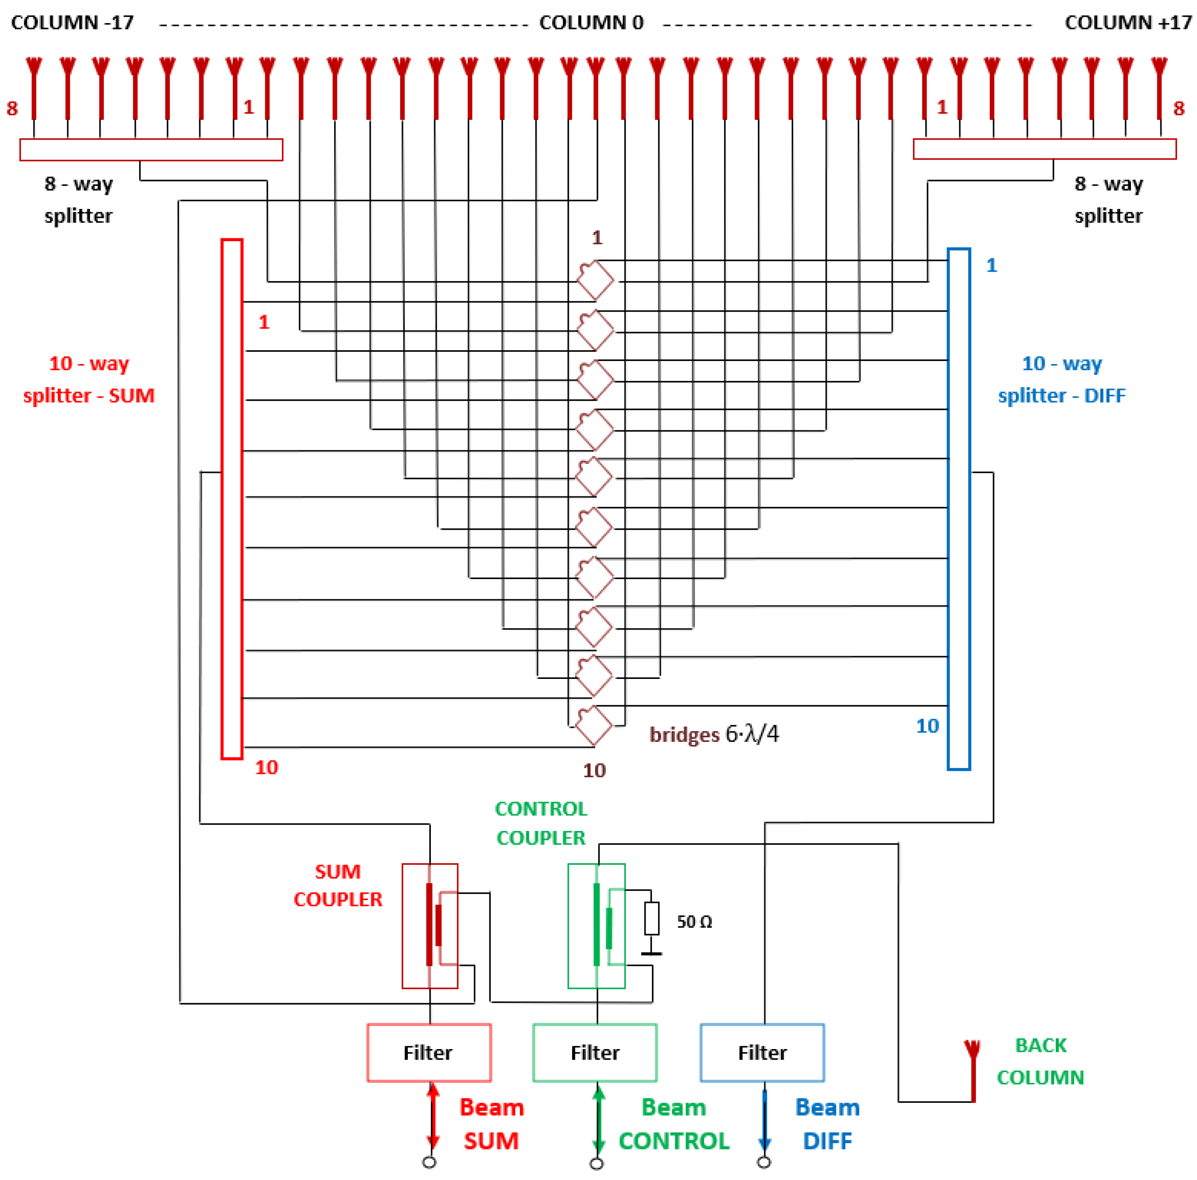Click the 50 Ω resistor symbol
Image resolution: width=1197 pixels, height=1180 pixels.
point(651,919)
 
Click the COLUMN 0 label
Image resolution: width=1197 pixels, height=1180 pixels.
point(591,23)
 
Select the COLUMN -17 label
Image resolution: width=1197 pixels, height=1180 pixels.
point(72,23)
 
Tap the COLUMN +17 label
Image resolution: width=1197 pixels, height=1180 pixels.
point(1128,23)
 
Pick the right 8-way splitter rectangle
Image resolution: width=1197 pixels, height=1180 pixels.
point(1045,149)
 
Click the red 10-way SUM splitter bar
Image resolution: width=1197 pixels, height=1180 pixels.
point(232,499)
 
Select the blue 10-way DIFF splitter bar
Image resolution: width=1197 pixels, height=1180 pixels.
point(958,509)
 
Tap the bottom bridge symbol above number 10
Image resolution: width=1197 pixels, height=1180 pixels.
point(594,725)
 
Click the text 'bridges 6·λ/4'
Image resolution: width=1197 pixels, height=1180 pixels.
point(714,734)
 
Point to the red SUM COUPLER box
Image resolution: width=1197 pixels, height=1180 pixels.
point(430,926)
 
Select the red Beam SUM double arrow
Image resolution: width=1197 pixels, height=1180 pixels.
point(432,1116)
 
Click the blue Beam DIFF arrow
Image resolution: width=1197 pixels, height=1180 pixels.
point(765,1116)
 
